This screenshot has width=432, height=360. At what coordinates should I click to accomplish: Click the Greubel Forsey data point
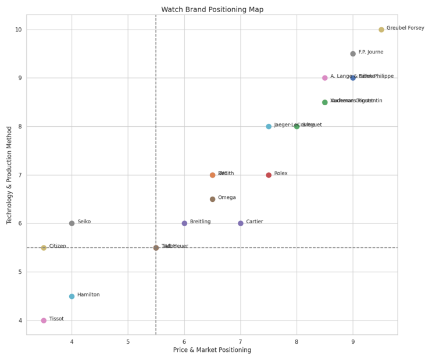coord(381,30)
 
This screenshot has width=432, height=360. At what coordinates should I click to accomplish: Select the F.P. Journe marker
coord(353,54)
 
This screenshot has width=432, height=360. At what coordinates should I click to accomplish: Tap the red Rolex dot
coord(269,175)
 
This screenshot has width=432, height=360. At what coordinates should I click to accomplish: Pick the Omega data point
coord(212,199)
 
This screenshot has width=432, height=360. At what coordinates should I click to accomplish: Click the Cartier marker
coord(241,223)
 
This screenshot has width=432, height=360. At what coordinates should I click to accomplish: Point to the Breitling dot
coord(184,223)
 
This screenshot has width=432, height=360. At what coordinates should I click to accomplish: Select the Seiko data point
coord(72,223)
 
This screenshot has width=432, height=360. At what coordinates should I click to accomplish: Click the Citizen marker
coord(44,248)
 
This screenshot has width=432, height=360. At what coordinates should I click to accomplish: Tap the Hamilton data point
coord(72,296)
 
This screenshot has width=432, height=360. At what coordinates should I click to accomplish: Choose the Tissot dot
coord(44,320)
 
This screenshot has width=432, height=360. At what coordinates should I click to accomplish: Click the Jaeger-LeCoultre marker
coord(269,127)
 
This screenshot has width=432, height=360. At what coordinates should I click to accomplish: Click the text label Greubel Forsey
coord(405,28)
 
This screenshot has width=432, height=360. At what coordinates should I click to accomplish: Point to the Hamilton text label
coord(89,295)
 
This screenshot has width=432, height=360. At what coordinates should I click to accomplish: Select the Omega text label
coord(227,198)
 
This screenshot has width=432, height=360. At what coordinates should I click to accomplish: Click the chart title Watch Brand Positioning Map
coord(212,9)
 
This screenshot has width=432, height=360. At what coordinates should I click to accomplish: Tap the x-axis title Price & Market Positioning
coord(212,350)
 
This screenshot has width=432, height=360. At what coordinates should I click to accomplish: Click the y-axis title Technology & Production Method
coord(10,174)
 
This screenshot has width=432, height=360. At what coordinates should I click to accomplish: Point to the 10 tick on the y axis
coord(19,30)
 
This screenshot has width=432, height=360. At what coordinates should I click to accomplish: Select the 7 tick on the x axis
coord(241,341)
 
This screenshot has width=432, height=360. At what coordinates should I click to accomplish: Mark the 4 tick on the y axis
coord(20,320)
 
